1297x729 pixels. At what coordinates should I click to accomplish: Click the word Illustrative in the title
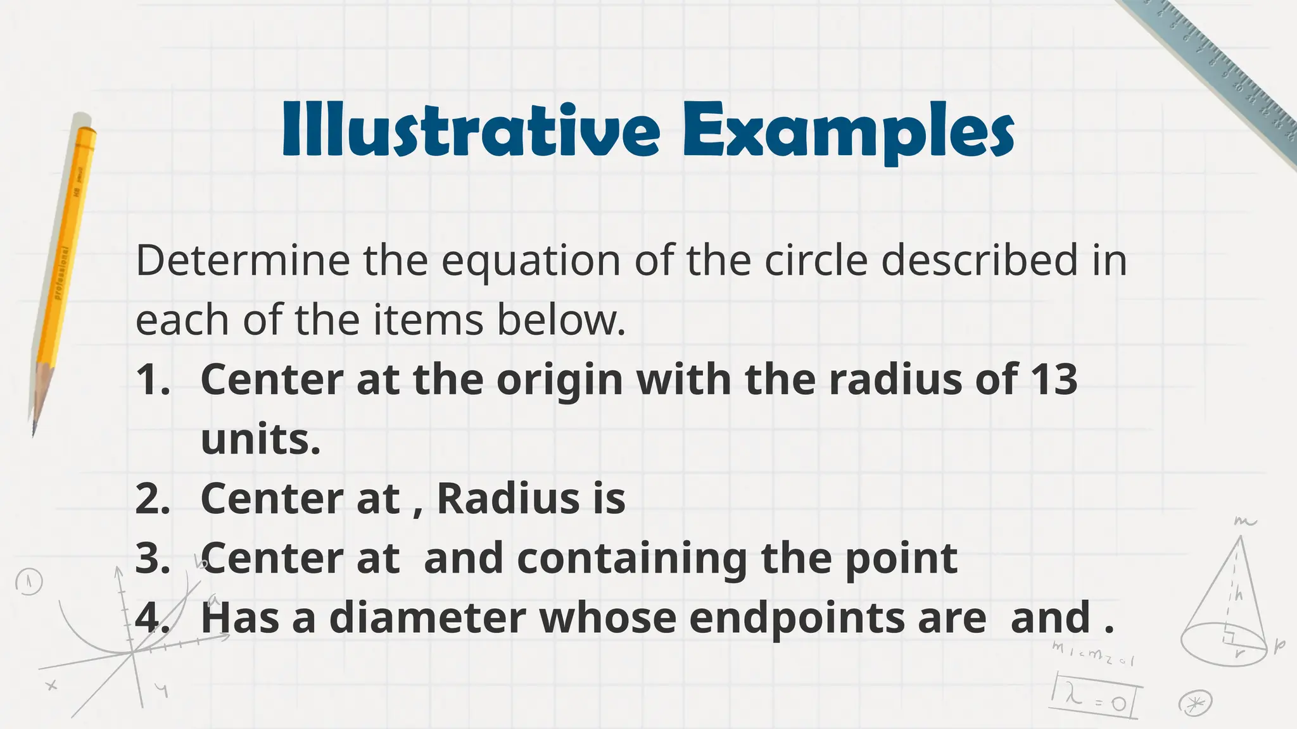click(x=471, y=130)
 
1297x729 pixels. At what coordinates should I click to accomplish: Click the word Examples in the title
click(x=849, y=132)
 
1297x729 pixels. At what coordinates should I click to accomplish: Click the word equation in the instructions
click(x=531, y=261)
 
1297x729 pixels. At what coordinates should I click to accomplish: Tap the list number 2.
click(x=153, y=499)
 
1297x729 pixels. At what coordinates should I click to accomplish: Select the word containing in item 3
click(x=632, y=559)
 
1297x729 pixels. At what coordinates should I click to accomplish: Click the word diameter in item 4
click(x=427, y=618)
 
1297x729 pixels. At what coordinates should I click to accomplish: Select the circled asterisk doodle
click(x=1195, y=703)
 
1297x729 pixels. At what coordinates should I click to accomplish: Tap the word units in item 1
click(x=260, y=439)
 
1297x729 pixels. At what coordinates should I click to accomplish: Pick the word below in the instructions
click(x=561, y=320)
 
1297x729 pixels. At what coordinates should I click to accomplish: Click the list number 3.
click(x=153, y=559)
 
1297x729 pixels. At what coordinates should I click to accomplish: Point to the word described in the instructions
click(x=979, y=260)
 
